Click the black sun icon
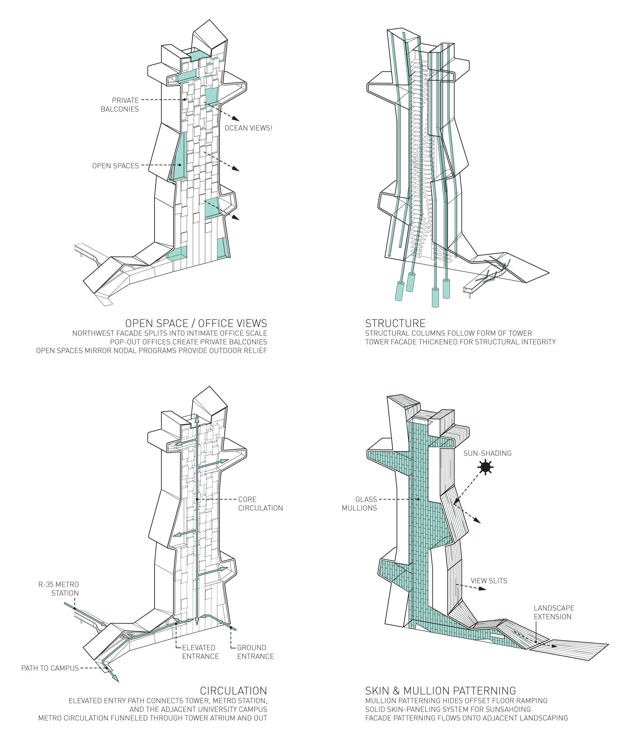[x=486, y=467]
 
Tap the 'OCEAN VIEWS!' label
[x=248, y=128]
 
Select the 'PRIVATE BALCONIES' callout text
[x=120, y=105]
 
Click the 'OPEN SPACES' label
[x=115, y=166]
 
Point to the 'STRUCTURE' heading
[x=395, y=323]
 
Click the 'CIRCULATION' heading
[x=233, y=690]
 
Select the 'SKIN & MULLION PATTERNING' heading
[x=440, y=690]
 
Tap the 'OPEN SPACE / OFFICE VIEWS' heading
[x=196, y=323]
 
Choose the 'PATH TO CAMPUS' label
[x=50, y=668]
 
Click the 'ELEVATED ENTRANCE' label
[x=200, y=652]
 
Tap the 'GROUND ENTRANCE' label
[x=255, y=652]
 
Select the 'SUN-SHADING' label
[x=487, y=453]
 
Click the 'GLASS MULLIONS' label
[x=359, y=504]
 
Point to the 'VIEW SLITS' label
[x=489, y=581]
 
